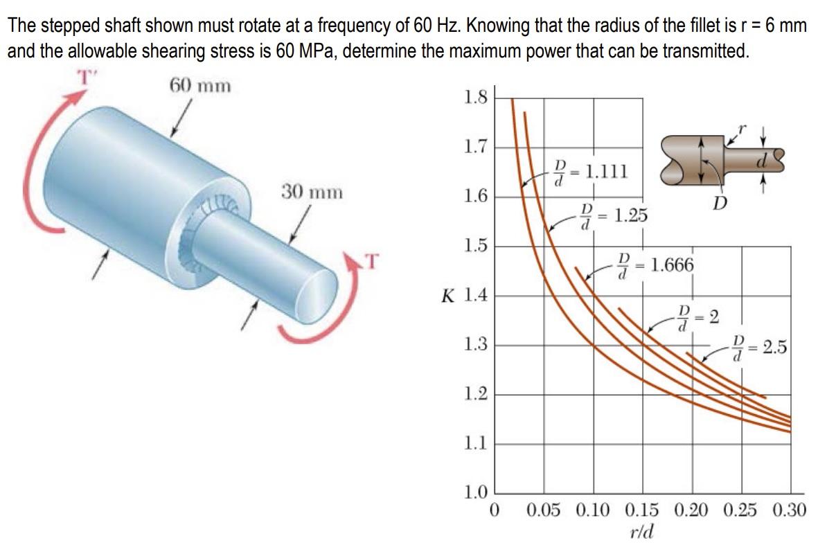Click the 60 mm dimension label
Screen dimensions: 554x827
tap(200, 86)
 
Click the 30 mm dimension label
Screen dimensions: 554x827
tap(311, 191)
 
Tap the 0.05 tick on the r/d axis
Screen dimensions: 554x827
tap(544, 512)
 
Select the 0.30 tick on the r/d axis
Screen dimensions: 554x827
tap(790, 512)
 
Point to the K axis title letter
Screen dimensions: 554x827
tap(448, 296)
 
